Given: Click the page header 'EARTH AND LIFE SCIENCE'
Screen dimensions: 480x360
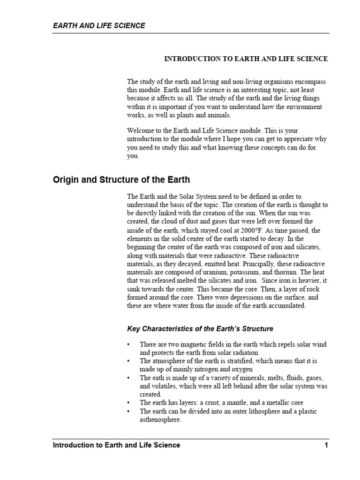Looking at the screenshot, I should pos(98,26).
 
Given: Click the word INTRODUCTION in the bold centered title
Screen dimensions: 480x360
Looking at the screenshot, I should pos(188,59).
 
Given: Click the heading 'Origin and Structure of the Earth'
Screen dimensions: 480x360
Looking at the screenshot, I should pos(121,180).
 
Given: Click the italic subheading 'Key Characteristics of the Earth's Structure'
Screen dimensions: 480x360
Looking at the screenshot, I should pos(200,329).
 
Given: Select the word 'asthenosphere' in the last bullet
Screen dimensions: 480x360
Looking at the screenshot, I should pos(160,420).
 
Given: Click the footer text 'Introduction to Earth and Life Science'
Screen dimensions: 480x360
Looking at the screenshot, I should pos(116,445).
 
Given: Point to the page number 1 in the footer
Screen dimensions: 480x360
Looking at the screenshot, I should pos(326,445).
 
